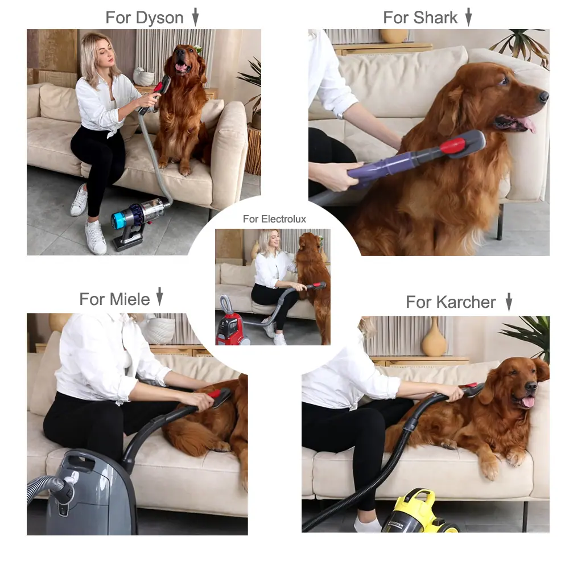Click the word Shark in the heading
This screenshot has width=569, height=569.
tap(435, 18)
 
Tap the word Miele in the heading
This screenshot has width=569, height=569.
tap(130, 299)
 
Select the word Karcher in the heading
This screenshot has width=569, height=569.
tap(466, 302)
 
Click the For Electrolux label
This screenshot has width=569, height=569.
tap(274, 219)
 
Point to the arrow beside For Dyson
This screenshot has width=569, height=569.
tap(196, 17)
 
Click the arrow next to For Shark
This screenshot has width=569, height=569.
tap(468, 17)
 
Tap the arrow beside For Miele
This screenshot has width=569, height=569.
tap(160, 296)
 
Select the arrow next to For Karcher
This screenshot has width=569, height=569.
tap(509, 302)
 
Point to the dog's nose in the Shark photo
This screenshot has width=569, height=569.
tap(543, 96)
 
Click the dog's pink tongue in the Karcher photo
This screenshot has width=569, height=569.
tap(529, 401)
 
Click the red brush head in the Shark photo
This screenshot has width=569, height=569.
tap(453, 145)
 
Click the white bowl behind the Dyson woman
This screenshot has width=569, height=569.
tap(144, 77)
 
